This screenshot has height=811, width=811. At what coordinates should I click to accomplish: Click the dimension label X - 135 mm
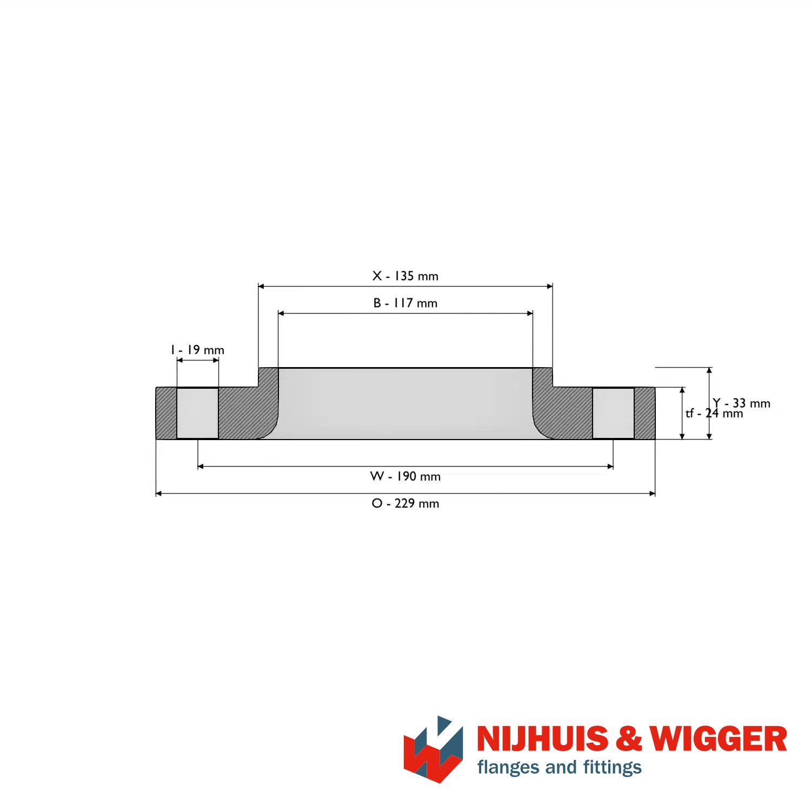pos(405,276)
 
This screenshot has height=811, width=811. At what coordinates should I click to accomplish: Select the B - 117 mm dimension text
pos(405,303)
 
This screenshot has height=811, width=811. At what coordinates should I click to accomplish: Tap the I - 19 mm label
pos(197,350)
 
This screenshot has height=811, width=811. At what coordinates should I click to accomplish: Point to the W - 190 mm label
pos(405,476)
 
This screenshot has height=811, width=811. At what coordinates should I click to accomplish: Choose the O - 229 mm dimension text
pos(405,503)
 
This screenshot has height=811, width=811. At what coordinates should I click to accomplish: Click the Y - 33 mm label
pos(742,403)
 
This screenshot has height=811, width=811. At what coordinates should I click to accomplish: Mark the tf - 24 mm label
pos(714,414)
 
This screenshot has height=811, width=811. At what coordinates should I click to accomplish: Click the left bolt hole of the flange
pos(197,413)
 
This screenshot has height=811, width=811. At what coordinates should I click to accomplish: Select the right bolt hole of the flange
pos(613,413)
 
